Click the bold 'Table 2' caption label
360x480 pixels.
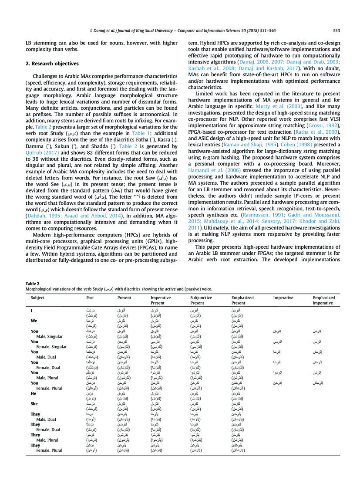32,283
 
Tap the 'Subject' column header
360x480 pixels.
37,298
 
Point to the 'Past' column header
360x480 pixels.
91,298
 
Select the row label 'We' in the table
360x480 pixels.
34,320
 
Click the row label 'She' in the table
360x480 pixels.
34,403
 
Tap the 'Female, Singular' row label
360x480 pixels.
52,347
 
